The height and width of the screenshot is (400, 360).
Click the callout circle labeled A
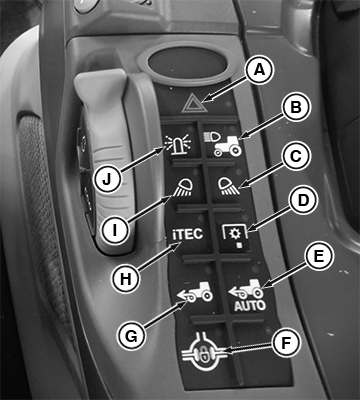pyautogui.click(x=259, y=71)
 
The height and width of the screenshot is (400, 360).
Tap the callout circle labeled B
pyautogui.click(x=296, y=108)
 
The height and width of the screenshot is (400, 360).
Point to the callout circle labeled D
pyautogui.click(x=302, y=200)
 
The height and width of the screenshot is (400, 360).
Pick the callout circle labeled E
pyautogui.click(x=319, y=256)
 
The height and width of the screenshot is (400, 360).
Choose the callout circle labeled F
pyautogui.click(x=286, y=344)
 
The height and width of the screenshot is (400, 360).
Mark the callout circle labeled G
pyautogui.click(x=131, y=336)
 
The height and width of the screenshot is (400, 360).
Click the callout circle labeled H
pyautogui.click(x=126, y=280)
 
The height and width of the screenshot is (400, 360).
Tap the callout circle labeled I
pyautogui.click(x=115, y=230)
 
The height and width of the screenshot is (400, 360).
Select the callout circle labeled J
pyautogui.click(x=106, y=178)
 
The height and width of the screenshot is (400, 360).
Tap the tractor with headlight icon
pyautogui.click(x=223, y=143)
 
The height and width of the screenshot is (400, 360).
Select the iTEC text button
pyautogui.click(x=188, y=234)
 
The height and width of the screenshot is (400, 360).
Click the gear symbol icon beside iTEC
pyautogui.click(x=235, y=236)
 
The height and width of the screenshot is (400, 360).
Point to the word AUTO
pyautogui.click(x=250, y=306)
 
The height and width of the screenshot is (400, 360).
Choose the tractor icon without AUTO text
pyautogui.click(x=195, y=292)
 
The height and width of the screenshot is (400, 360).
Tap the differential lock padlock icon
pyautogui.click(x=205, y=352)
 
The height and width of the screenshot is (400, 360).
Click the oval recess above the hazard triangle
pyautogui.click(x=186, y=63)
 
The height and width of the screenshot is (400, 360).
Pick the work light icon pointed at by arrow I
pyautogui.click(x=182, y=187)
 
